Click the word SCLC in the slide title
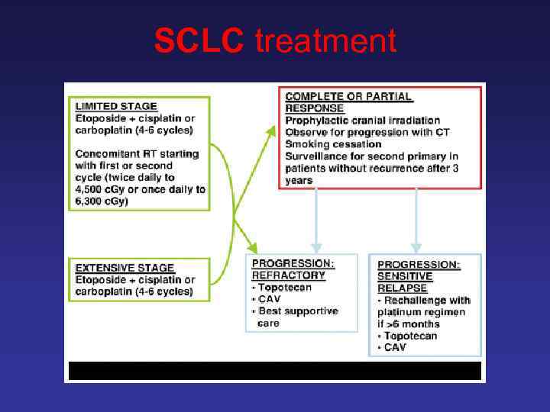point(199,40)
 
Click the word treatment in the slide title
point(326,40)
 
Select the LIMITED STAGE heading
point(116,106)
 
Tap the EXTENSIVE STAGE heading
point(125,268)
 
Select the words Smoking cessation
point(333,143)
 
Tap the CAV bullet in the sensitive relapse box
point(395,348)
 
